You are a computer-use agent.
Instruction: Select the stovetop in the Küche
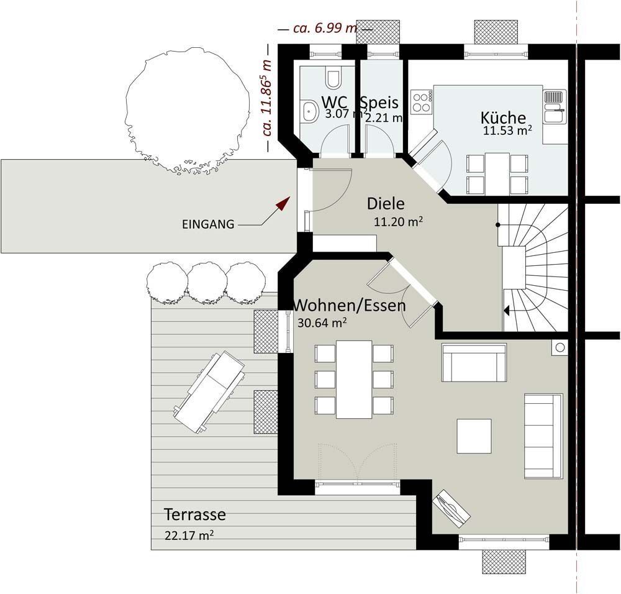(x=422, y=101)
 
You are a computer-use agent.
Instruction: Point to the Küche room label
(x=503, y=117)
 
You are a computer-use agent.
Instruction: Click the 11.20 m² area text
(x=398, y=222)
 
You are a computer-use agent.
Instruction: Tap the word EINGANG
(x=208, y=224)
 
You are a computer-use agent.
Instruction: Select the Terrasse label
(x=195, y=514)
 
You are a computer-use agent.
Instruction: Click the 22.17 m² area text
(x=189, y=536)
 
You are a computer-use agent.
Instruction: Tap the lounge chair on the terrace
(x=209, y=392)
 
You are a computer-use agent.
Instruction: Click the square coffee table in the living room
(x=474, y=436)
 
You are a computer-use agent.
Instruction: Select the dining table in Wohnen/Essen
(x=354, y=379)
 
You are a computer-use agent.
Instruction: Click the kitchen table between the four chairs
(x=497, y=173)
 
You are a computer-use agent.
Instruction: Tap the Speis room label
(x=379, y=103)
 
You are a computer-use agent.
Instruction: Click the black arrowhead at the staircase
(x=505, y=310)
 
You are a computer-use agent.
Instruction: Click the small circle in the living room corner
(x=560, y=347)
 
